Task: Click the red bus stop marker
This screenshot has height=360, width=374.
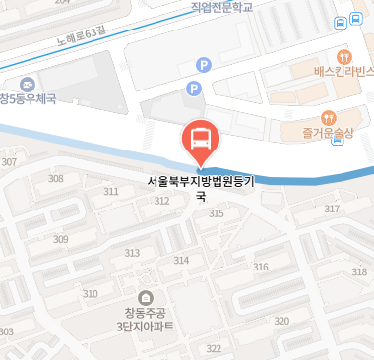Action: coord(200,140)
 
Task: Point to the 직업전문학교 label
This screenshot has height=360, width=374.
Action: coord(223,7)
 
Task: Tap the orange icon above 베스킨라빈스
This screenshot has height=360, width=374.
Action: coord(343,55)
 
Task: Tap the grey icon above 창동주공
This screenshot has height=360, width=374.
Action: coord(146,297)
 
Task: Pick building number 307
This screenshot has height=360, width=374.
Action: coord(10,162)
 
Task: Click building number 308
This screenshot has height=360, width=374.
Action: coord(56,178)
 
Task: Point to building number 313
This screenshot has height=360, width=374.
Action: coord(132,253)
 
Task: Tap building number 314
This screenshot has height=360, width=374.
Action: coord(181,260)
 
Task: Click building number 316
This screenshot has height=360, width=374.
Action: coord(261,267)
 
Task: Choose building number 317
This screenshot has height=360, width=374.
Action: coord(332,209)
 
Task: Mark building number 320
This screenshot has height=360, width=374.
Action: coord(281,321)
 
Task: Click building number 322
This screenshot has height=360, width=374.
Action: coord(213,349)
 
